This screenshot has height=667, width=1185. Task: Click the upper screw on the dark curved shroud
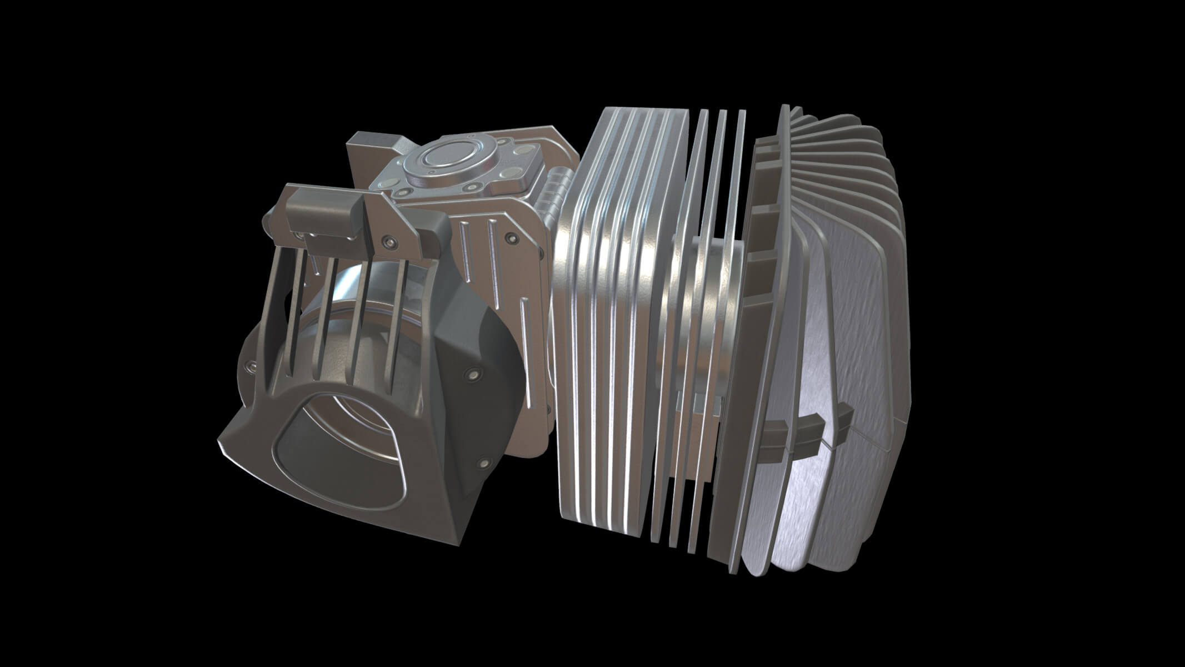click(x=473, y=373)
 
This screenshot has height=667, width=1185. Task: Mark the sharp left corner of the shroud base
click(x=219, y=445)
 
